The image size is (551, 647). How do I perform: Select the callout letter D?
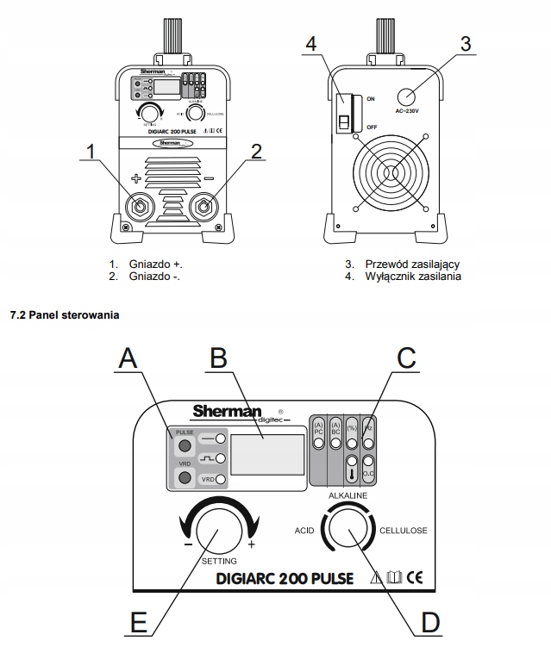(x=429, y=622)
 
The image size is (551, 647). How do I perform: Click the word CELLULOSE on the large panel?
(x=404, y=530)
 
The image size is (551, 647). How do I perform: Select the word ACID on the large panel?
(x=304, y=531)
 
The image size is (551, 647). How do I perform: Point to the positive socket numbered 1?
(x=138, y=208)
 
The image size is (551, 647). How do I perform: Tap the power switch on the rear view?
(x=343, y=112)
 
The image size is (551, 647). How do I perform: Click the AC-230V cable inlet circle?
(x=408, y=96)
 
